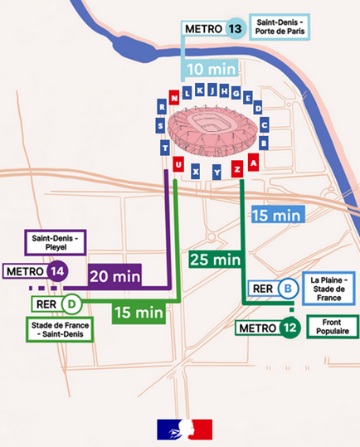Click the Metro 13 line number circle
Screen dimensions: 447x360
tap(236, 28)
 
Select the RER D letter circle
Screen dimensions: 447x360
tap(71, 304)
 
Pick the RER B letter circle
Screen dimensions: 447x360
tap(288, 289)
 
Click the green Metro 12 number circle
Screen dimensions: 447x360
tap(288, 328)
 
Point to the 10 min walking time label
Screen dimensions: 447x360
tap(211, 69)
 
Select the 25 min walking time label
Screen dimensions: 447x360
tap(215, 260)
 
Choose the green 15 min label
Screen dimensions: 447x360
tap(138, 313)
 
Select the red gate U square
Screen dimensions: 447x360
tap(178, 167)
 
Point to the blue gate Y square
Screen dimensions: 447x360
tap(216, 172)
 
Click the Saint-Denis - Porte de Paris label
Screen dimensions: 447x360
tap(282, 28)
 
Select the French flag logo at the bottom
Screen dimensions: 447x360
tap(184, 430)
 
